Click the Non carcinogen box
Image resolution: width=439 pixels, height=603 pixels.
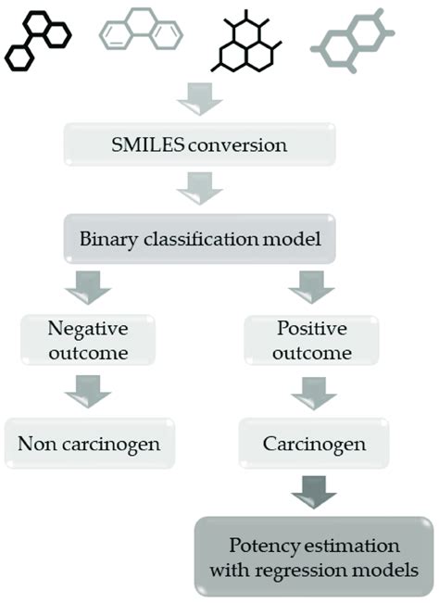tap(89, 443)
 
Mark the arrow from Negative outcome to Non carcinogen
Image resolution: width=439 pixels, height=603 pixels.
tap(88, 394)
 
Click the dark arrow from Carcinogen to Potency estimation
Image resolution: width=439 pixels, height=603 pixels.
tap(312, 494)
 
